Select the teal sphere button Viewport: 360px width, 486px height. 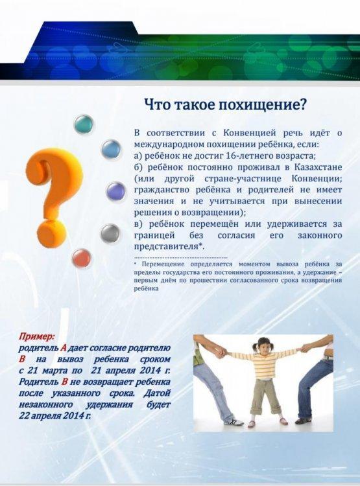coord(84,124)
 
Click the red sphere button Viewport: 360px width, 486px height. coord(82,259)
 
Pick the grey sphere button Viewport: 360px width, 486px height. coord(110,233)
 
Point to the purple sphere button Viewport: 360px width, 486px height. coord(116,191)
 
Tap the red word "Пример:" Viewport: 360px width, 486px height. coord(36,336)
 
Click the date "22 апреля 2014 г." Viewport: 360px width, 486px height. coord(54,415)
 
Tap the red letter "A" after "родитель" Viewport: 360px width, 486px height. coord(64,348)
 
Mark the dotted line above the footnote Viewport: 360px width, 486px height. coord(180,258)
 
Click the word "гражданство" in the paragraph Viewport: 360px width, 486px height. coord(160,190)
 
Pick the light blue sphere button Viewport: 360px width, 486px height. coord(111,149)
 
